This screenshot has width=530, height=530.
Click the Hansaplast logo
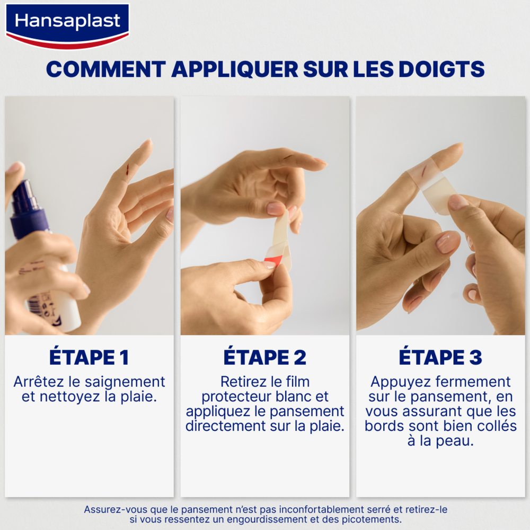pyautogui.click(x=67, y=22)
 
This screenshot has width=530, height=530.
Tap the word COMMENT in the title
pyautogui.click(x=104, y=69)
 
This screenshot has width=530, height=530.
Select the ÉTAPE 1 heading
pyautogui.click(x=89, y=357)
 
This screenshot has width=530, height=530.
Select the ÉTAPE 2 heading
pyautogui.click(x=264, y=357)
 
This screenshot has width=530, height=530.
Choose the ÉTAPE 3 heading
pyautogui.click(x=440, y=357)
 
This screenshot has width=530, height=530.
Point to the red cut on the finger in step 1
pyautogui.click(x=127, y=169)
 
